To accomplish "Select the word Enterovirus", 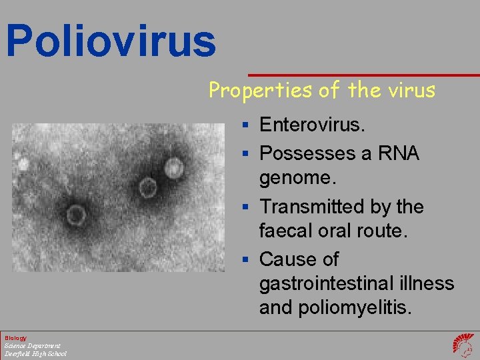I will [313, 125].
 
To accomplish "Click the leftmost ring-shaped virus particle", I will [75, 215].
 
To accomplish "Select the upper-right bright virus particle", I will [175, 168].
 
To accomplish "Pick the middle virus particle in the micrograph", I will [147, 188].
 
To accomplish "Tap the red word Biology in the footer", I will [15, 338].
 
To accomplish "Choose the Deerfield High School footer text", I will [35, 353].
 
